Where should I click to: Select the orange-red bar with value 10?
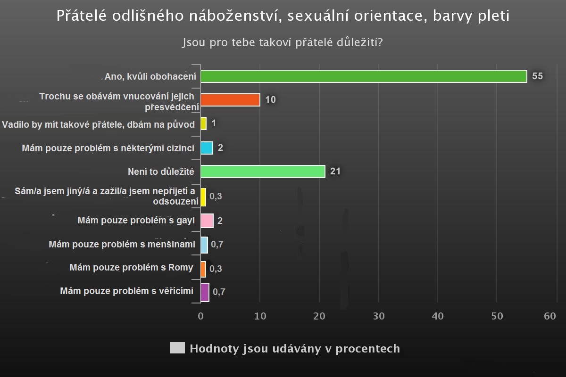click(230, 100)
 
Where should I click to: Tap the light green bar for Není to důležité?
click(263, 172)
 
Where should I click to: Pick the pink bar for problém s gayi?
click(207, 221)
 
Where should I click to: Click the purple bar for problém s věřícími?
click(205, 292)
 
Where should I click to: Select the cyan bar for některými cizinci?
click(207, 148)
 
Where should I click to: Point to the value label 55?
click(538, 76)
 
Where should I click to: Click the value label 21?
click(335, 172)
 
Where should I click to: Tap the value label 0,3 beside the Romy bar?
click(216, 269)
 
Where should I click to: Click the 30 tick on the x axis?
click(378, 316)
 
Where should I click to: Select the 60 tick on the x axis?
click(550, 316)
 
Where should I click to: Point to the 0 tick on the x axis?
click(200, 316)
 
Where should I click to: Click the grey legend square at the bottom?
click(177, 348)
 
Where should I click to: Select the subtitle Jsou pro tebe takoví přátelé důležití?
click(282, 42)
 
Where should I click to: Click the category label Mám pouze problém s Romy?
click(131, 268)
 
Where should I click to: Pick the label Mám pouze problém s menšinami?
click(122, 245)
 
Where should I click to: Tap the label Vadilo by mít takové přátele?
click(98, 124)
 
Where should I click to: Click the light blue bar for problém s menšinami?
click(204, 245)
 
